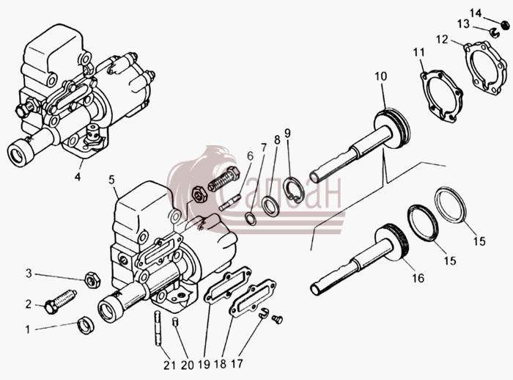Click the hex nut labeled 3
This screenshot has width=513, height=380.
(x=92, y=280)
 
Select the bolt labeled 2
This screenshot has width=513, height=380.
(x=60, y=302)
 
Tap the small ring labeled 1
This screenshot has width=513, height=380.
(x=86, y=325)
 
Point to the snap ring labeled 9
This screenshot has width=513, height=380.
(x=293, y=190)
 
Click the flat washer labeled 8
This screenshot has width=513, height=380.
(x=270, y=206)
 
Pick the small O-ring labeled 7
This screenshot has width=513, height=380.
(x=251, y=219)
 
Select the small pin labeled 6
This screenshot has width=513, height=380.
(x=229, y=202)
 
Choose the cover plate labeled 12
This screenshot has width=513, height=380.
(x=486, y=67)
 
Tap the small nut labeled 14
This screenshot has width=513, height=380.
(x=505, y=24)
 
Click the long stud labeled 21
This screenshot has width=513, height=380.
(x=159, y=327)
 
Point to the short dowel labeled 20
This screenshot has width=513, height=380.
(x=175, y=322)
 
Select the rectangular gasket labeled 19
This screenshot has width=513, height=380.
(x=228, y=285)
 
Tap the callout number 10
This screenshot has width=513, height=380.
(x=381, y=76)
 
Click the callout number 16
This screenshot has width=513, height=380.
(x=418, y=278)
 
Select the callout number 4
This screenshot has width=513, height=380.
(x=78, y=177)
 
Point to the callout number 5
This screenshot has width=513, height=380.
(x=112, y=180)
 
